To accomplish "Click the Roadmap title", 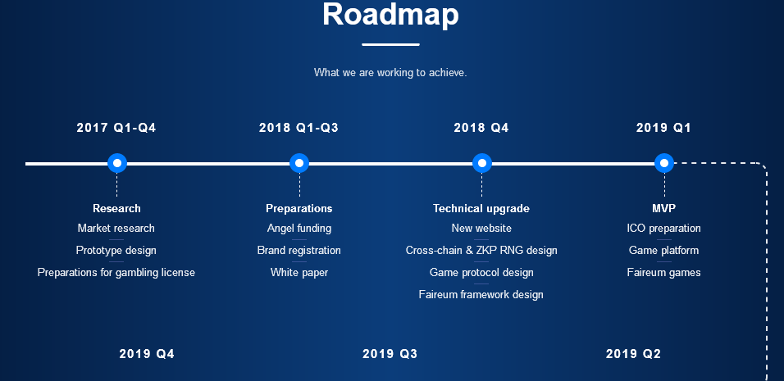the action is (390, 14).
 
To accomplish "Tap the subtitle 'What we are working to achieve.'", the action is (390, 72).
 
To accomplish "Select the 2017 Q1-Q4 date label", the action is (116, 128).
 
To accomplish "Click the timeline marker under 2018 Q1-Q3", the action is (299, 163).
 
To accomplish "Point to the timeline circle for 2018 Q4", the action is (482, 163).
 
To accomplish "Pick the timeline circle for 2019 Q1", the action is (664, 163).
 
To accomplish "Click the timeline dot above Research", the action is (117, 163).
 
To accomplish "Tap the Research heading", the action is (116, 208).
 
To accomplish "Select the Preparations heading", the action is (299, 208).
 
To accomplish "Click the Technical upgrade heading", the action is (481, 208).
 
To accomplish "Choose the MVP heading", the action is (664, 208).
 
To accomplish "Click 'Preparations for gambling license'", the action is (116, 273).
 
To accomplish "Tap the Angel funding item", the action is (299, 229).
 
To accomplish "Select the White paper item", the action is (299, 273).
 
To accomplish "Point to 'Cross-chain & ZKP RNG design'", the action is (481, 250).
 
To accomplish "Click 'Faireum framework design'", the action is (481, 295).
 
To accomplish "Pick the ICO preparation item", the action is (664, 229).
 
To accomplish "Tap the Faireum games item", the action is (664, 273).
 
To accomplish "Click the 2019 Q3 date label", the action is (390, 354).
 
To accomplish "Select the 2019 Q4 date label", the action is (147, 354).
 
